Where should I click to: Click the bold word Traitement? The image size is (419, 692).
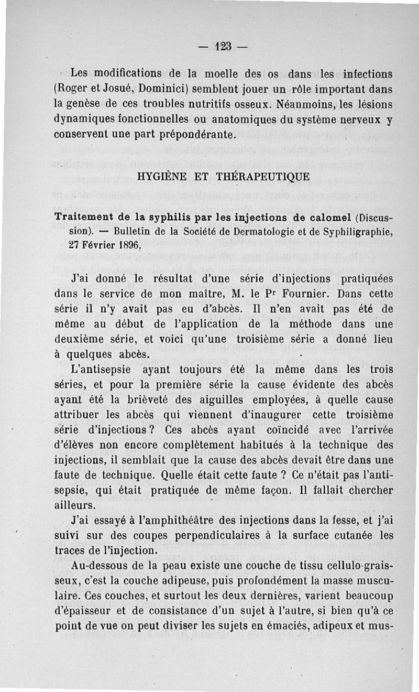coord(87,217)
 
